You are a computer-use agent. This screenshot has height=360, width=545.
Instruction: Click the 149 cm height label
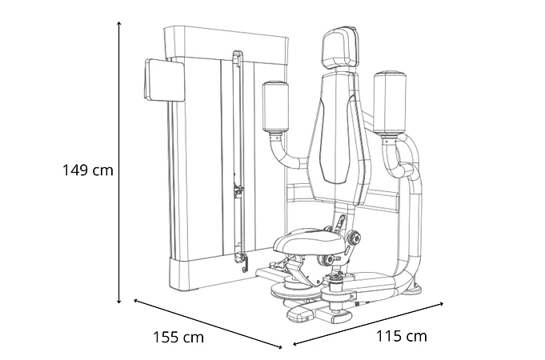point(88,170)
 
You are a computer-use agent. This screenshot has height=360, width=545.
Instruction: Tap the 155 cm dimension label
point(178,337)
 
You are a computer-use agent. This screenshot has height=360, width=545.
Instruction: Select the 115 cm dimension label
point(402,336)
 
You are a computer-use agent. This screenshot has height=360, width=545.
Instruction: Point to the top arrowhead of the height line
point(119,23)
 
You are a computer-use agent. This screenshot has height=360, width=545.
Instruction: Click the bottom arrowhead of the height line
point(119,302)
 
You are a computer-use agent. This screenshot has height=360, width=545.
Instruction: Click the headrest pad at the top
point(340,48)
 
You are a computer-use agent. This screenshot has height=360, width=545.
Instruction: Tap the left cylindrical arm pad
point(275,107)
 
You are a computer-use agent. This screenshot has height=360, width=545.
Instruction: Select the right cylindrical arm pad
point(390,103)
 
